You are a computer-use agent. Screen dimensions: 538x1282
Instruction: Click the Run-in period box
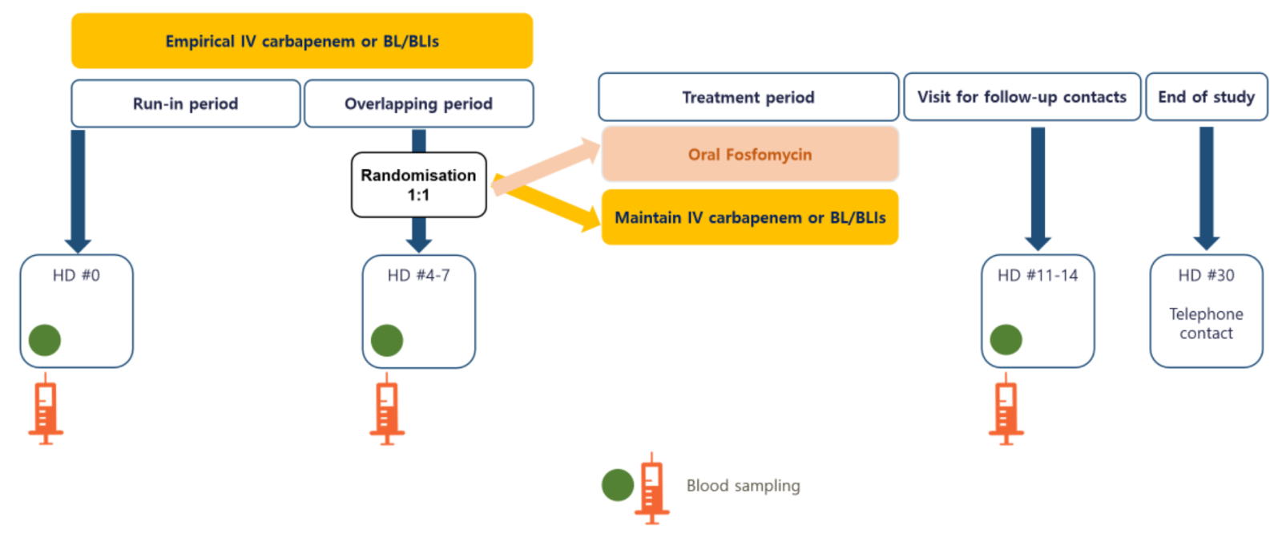(x=186, y=103)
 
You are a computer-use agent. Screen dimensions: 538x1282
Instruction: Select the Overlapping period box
(x=418, y=103)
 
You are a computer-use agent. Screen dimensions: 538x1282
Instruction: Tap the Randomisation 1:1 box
(x=418, y=185)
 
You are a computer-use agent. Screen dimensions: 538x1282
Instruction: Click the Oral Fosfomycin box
(x=749, y=154)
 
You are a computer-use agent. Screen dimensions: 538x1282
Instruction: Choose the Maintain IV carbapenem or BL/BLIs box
(x=749, y=217)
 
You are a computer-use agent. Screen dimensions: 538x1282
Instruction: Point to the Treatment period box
(x=748, y=97)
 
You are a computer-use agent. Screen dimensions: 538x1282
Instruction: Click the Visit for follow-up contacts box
(x=1022, y=97)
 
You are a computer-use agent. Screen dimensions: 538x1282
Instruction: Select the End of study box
(x=1206, y=97)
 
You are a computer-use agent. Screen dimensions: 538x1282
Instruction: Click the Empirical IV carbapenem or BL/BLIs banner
(x=302, y=41)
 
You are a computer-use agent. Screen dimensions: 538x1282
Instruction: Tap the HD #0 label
(x=76, y=276)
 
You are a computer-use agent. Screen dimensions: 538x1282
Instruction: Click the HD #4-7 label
(x=418, y=276)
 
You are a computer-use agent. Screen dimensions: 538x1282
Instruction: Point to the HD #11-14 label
(x=1038, y=276)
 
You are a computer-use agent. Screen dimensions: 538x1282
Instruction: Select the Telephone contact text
(x=1206, y=324)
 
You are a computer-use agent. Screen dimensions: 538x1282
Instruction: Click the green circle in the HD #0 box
(x=45, y=340)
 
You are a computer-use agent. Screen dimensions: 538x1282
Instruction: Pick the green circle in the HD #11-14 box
(x=1006, y=340)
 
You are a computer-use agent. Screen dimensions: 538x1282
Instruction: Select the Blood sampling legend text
(x=743, y=486)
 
